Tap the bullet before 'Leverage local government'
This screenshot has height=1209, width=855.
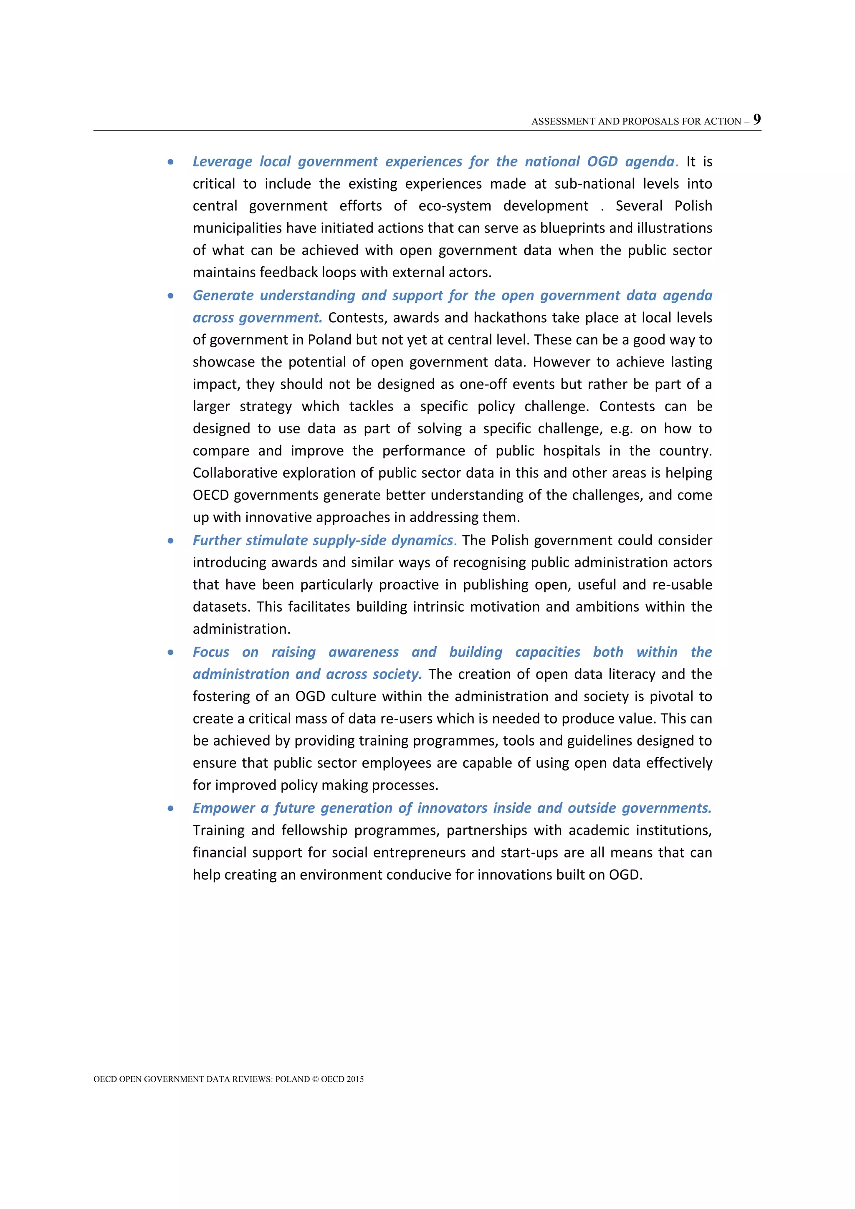tap(171, 162)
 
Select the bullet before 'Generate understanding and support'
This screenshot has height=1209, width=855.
tap(171, 296)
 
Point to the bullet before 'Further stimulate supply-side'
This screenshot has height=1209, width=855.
tap(171, 541)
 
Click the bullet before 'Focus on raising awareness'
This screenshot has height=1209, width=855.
tap(171, 653)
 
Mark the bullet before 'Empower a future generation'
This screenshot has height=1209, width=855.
tap(171, 808)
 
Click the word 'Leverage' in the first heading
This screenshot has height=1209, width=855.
tap(222, 162)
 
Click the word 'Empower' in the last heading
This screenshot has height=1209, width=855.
tap(224, 808)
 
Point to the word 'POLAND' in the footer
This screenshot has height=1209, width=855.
tap(292, 1079)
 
